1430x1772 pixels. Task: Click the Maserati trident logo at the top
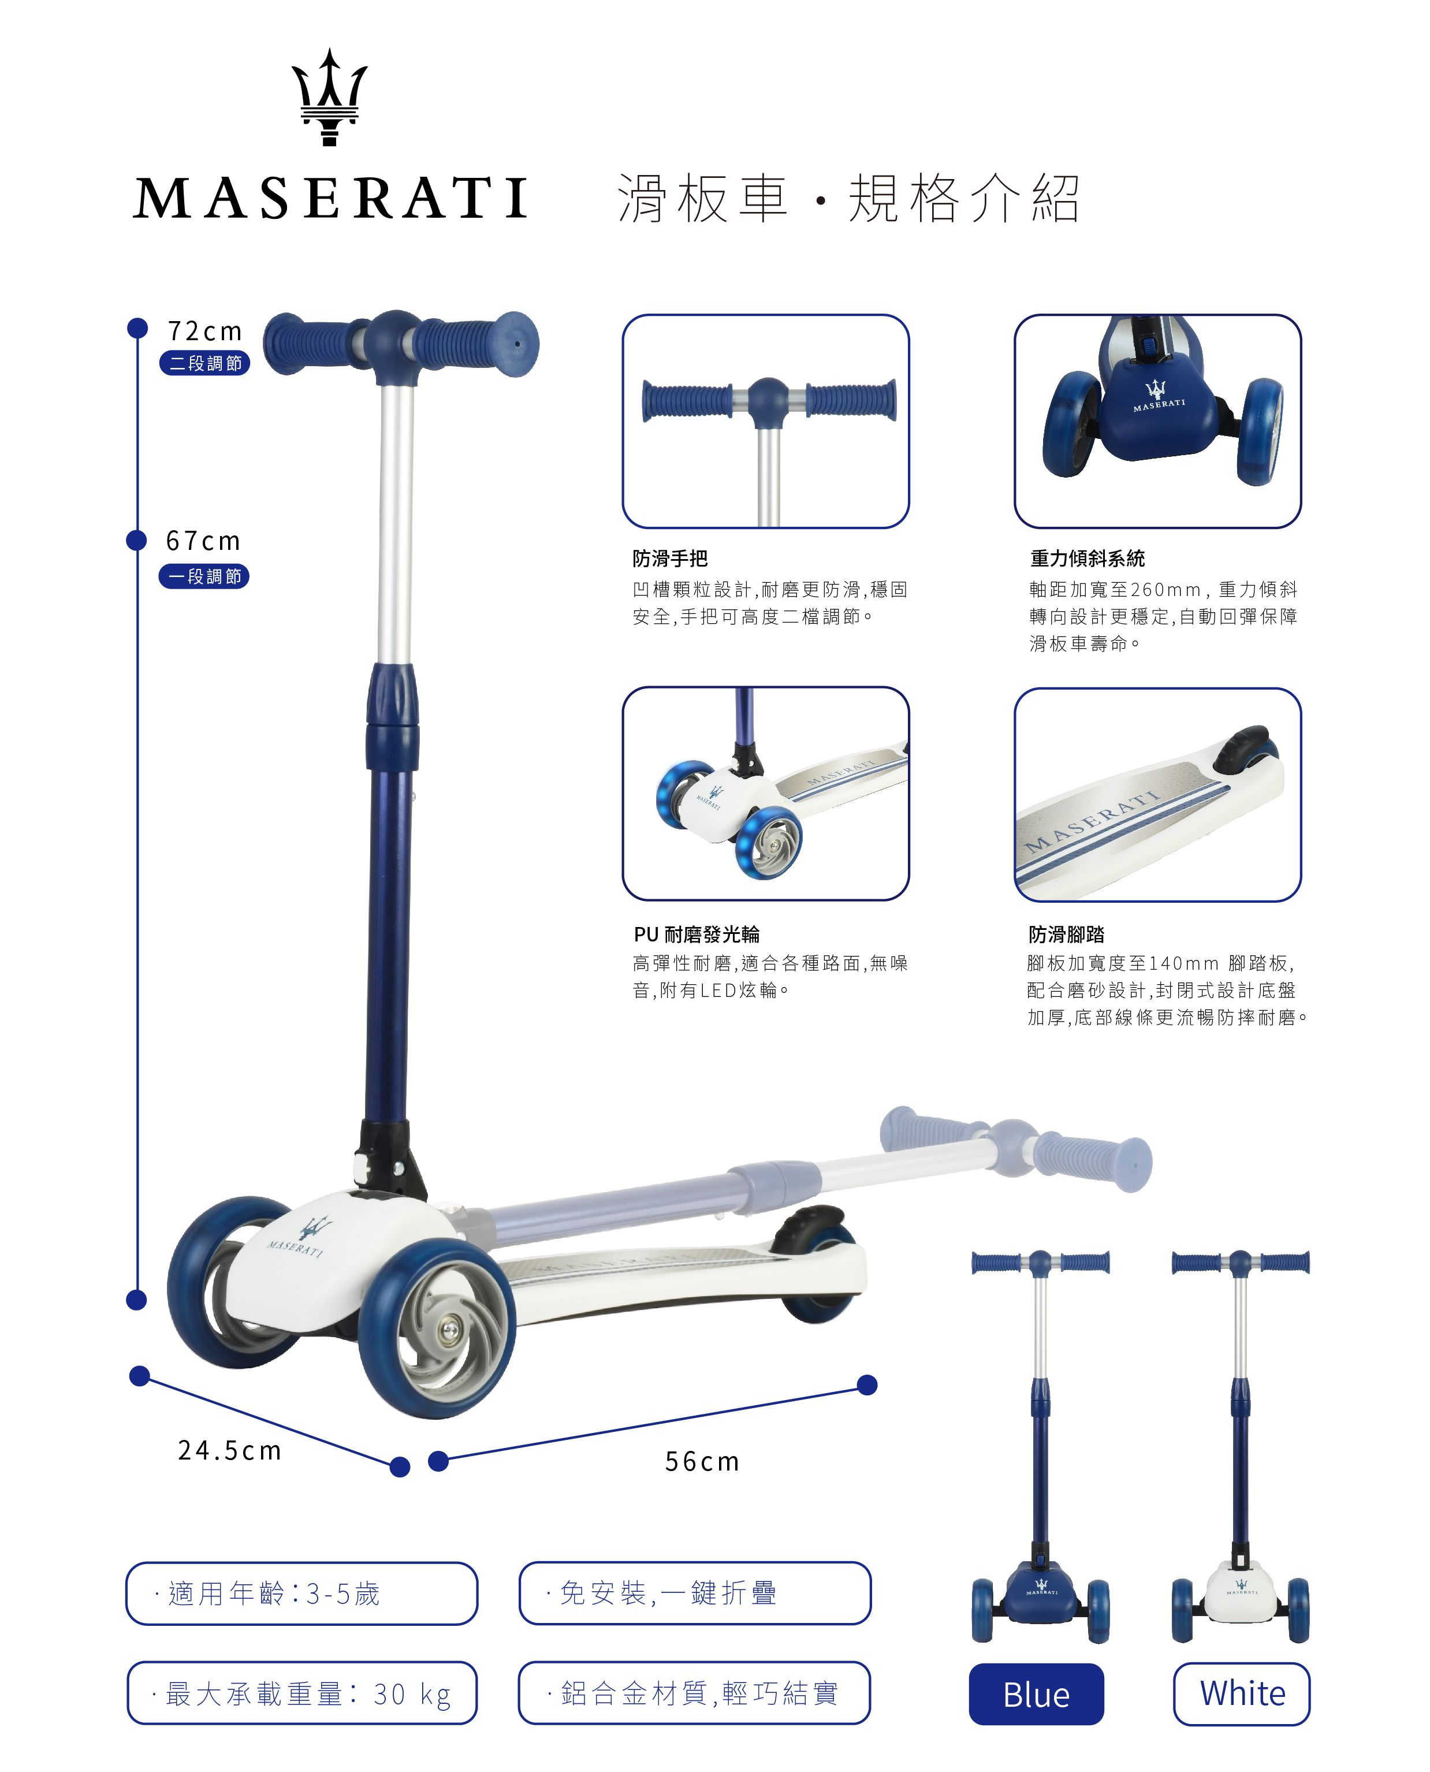pos(330,97)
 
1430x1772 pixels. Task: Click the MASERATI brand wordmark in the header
pos(330,199)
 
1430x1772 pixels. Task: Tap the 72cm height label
pos(205,331)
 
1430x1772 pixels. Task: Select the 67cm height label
pos(203,541)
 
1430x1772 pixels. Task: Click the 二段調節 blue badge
pos(205,363)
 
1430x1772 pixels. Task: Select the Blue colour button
pos(1036,1695)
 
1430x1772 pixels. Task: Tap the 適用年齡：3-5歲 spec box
pos(301,1593)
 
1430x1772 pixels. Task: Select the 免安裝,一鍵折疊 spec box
pos(695,1592)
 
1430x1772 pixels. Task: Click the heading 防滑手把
pos(670,559)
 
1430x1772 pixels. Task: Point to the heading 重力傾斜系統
pos(1088,559)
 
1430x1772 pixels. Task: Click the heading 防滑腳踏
pos(1067,934)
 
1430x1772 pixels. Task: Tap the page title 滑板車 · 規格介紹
pos(849,199)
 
